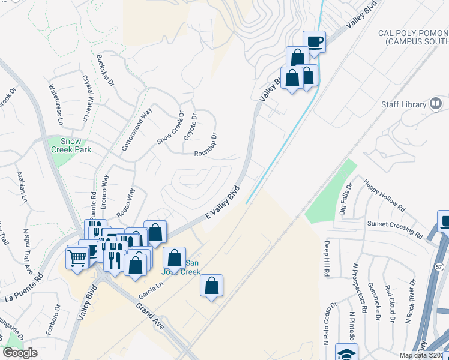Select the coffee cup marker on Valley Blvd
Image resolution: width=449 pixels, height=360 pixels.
[314, 42]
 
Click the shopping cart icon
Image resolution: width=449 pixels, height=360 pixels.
[77, 258]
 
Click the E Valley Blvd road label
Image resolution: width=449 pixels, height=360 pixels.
[222, 203]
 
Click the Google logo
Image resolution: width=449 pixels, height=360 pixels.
[20, 353]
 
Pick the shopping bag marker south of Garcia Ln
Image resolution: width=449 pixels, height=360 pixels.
[212, 286]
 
